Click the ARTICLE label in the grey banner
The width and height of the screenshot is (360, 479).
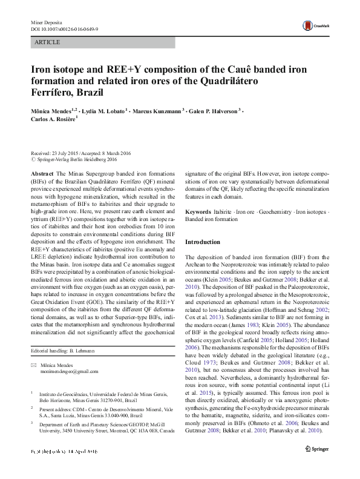48,42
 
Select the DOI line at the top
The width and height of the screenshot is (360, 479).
64,28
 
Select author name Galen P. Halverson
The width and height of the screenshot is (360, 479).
214,111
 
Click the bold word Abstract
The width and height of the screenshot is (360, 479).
40,173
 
